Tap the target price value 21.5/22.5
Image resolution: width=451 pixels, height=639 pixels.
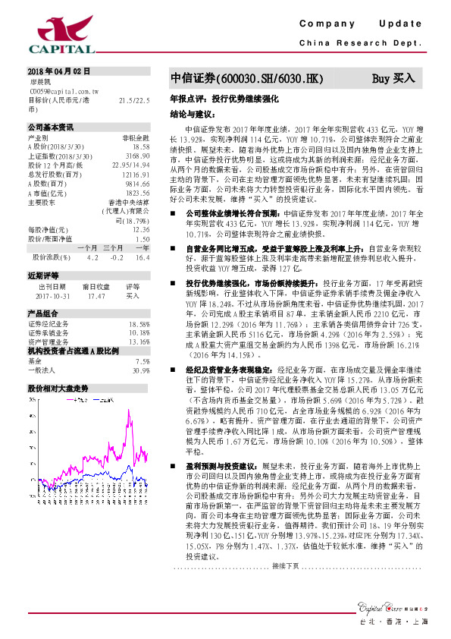click(x=134, y=99)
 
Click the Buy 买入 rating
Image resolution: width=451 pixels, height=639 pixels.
click(x=393, y=79)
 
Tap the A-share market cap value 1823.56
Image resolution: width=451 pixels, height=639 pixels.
click(x=136, y=193)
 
